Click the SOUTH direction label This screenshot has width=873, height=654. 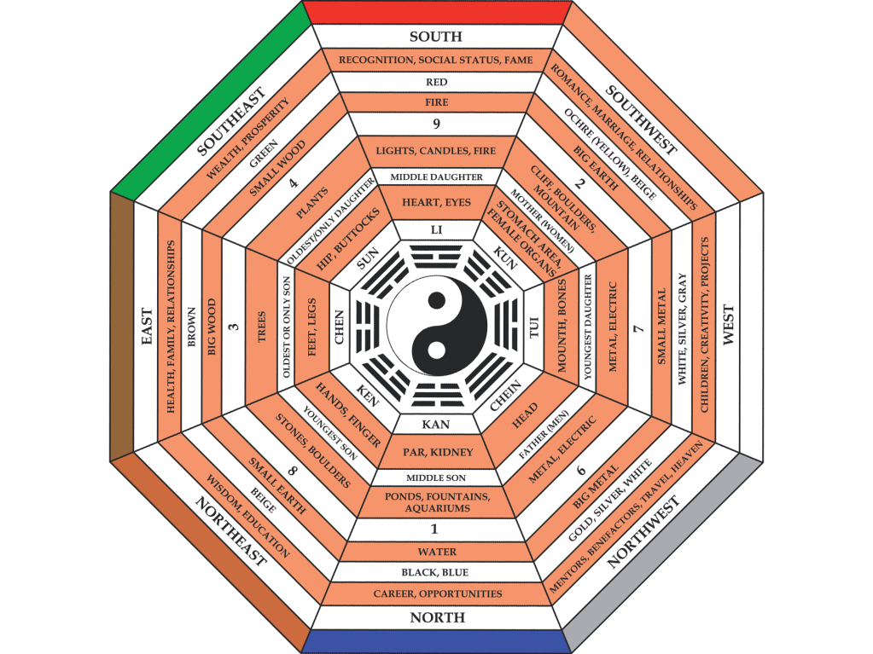click(436, 37)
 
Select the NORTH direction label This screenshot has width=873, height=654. click(437, 617)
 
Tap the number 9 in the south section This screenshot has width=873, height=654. click(436, 124)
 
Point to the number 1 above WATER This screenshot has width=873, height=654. click(436, 530)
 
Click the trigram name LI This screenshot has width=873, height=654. click(436, 230)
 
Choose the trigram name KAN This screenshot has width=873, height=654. click(436, 423)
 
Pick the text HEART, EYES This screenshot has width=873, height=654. click(436, 202)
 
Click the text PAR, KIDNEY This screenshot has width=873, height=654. click(436, 451)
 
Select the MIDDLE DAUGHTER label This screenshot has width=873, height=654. click(436, 177)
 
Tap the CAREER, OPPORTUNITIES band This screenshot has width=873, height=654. click(436, 593)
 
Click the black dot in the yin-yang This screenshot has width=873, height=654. click(436, 300)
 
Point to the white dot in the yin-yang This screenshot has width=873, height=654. click(436, 350)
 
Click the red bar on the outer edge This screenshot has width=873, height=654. click(436, 12)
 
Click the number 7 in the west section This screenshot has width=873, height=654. click(638, 328)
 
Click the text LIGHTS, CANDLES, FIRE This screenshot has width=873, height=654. click(436, 151)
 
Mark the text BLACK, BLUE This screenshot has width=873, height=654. click(436, 572)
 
